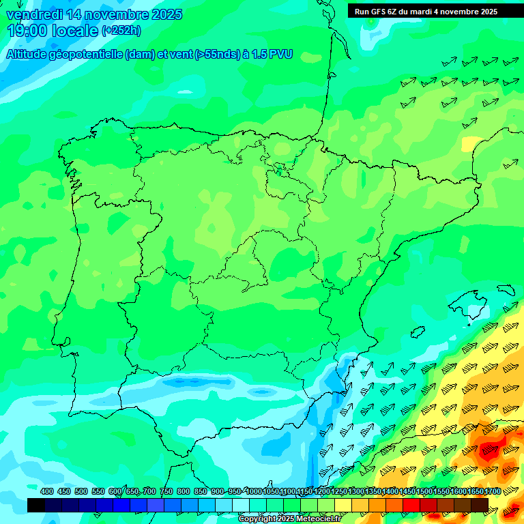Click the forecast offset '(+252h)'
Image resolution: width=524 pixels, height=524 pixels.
[x=121, y=31]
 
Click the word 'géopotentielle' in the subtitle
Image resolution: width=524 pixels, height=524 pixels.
[x=89, y=54]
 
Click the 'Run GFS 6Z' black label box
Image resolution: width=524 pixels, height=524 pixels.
[x=426, y=12]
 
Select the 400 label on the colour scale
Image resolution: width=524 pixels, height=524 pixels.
[x=47, y=491]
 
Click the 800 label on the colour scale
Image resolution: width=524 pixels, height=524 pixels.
[x=184, y=491]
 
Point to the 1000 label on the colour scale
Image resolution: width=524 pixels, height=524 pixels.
[x=254, y=491]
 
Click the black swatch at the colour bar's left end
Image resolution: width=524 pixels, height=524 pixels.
[x=36, y=505]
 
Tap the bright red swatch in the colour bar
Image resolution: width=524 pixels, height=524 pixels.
[x=411, y=505]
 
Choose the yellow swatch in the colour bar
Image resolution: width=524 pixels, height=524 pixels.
[x=343, y=505]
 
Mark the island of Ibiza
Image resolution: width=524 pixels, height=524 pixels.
[x=418, y=331]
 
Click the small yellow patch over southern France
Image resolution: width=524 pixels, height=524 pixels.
[x=471, y=144]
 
